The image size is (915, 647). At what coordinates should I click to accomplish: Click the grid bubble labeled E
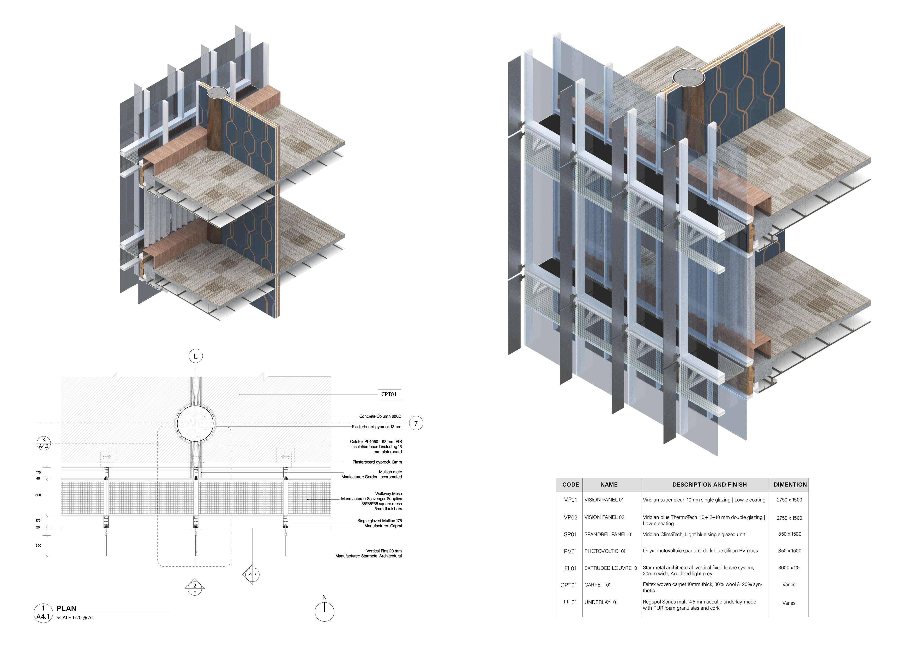coord(195,356)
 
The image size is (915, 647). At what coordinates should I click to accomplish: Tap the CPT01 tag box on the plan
coord(389,394)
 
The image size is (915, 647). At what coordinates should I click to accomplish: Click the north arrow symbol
coord(324,611)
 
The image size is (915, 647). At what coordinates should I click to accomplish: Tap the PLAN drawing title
coord(66,608)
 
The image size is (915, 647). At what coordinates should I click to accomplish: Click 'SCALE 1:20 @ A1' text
coord(75,618)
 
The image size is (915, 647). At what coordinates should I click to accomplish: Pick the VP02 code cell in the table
coord(570,517)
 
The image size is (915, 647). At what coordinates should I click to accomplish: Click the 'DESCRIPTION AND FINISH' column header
coord(709,484)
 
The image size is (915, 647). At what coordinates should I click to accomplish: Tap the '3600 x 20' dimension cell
coord(789,568)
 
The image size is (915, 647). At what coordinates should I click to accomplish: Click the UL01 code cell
coord(570,602)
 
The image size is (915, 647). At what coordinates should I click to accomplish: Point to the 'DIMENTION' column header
coord(790,484)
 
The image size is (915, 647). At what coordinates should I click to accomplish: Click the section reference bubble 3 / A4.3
coord(44,443)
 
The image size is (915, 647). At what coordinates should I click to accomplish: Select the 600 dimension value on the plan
coord(38,495)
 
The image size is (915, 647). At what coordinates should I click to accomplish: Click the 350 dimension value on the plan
coord(38,545)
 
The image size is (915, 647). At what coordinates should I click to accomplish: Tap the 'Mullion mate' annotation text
coord(390,472)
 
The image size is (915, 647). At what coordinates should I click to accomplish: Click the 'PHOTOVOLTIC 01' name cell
coord(605,551)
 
